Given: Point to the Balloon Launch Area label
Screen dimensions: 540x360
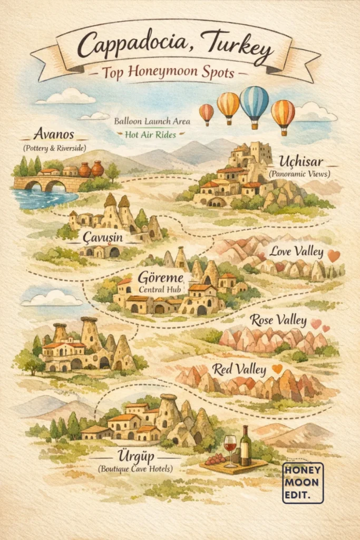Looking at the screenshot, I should tap(152, 121).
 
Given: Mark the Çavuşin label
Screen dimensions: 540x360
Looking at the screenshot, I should tap(103, 238).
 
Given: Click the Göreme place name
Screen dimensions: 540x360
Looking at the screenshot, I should tap(161, 277).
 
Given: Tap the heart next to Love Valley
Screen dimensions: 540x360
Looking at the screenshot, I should tap(334, 256).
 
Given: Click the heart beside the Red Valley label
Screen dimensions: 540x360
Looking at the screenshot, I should tap(277, 369).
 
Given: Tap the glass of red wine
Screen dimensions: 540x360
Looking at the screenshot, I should tap(230, 449).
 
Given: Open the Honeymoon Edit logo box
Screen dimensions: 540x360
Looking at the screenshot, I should tap(303, 483).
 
